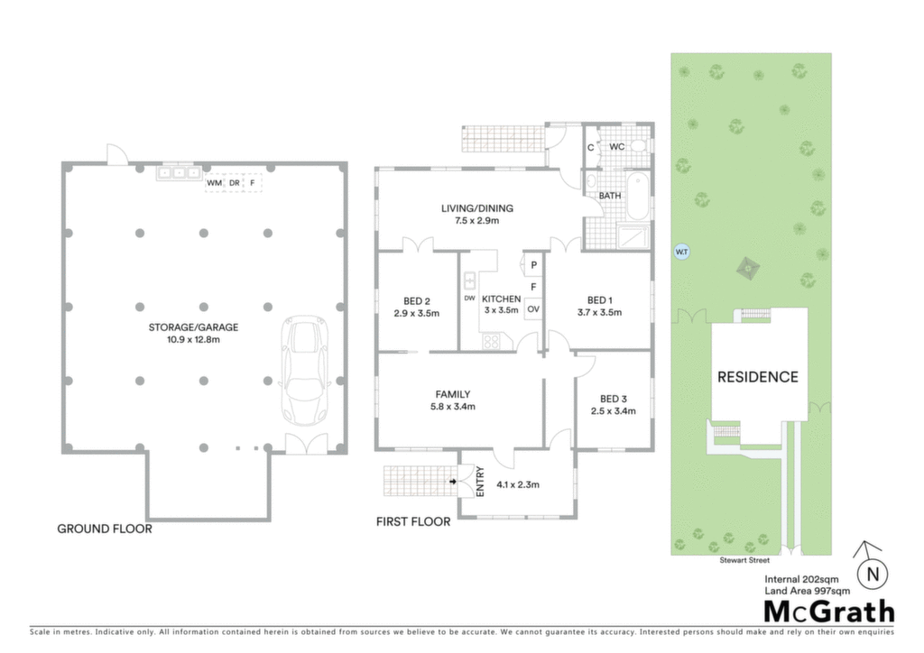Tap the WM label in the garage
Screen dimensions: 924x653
215,183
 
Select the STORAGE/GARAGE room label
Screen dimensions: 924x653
193,327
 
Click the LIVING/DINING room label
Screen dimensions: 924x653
477,208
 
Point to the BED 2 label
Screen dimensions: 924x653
417,301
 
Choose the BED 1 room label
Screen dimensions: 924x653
599,300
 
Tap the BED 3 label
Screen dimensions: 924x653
614,400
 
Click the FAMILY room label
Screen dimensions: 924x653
453,394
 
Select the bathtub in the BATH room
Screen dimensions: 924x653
637,196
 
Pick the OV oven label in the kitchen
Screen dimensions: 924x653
533,309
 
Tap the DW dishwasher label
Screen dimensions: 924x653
469,299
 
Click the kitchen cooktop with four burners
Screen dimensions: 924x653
491,341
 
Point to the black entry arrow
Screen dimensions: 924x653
453,482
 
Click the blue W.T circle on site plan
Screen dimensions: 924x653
682,252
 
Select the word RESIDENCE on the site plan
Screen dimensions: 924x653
758,377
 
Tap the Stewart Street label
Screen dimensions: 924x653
744,560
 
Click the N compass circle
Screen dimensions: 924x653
873,575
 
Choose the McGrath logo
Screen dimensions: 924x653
829,612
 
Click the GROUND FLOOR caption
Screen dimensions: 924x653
105,529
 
